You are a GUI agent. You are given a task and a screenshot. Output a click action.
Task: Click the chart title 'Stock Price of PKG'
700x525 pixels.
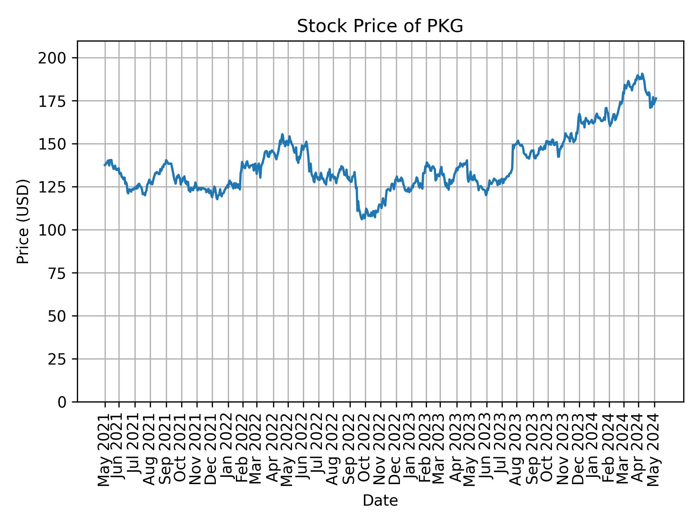[380, 27]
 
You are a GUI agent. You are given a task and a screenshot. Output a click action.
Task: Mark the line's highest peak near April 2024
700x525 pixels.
[642, 74]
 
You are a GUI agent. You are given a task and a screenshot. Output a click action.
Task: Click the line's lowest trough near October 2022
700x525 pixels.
[362, 219]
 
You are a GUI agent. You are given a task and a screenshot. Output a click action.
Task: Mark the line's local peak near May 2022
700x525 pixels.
[282, 134]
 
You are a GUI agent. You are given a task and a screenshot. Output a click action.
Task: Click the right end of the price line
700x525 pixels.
[656, 98]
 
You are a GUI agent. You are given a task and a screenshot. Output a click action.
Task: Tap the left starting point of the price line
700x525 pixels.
[104, 165]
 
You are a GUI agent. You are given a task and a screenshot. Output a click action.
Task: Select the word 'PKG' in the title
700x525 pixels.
[447, 27]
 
